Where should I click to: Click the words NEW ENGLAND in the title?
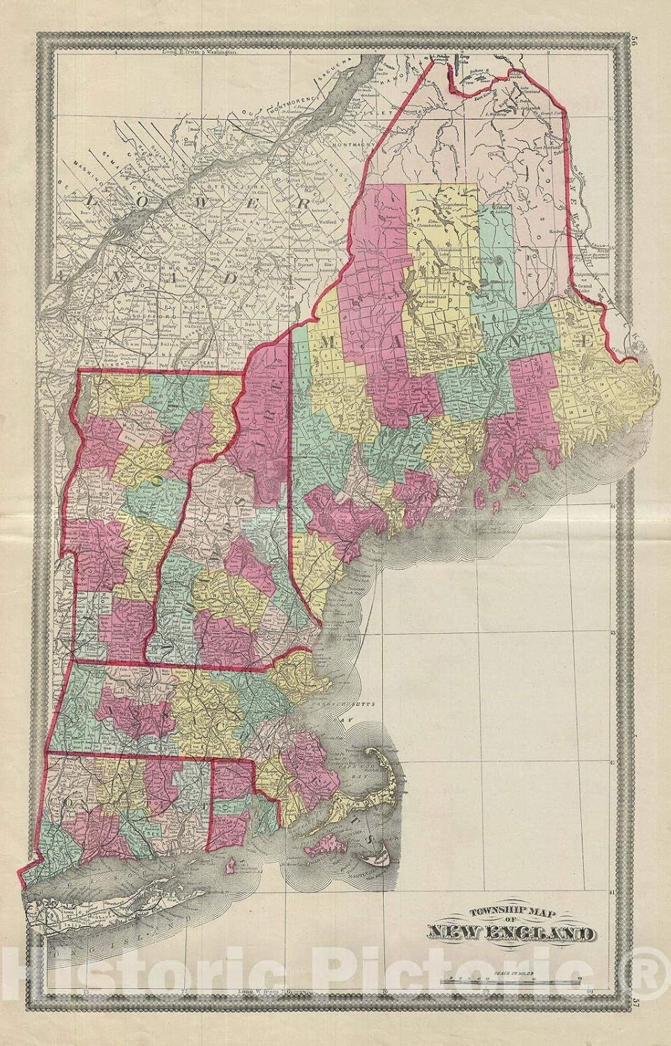coord(506,933)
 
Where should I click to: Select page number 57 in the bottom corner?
coord(652,1001)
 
